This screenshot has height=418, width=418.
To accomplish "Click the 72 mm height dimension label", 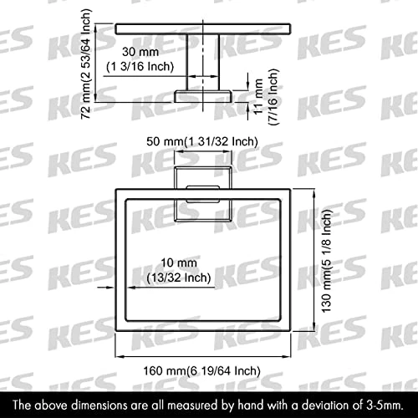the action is coord(85,64).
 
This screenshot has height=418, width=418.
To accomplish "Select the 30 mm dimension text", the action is coord(140,52).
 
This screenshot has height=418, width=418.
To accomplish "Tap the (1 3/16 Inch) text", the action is coord(140,67).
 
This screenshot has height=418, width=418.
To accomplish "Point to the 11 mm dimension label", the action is coord(258,96).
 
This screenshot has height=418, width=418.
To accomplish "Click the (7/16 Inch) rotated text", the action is coord(273,97).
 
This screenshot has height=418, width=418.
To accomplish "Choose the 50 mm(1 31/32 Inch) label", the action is coord(202,141).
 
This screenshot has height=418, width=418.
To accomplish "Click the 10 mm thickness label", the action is coord(179,263).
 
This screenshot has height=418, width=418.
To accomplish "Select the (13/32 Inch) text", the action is coord(179,278).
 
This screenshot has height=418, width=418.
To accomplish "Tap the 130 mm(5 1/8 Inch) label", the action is coord(327,261).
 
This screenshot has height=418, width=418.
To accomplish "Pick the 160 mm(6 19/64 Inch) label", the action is coord(202,371).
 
